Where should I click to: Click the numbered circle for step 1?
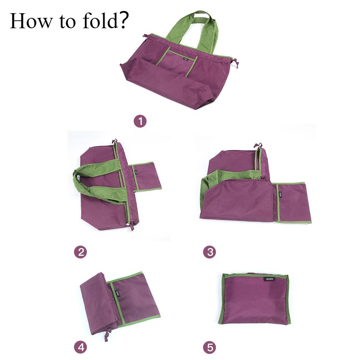[140, 122]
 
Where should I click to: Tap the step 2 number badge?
[80, 252]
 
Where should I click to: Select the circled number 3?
[210, 252]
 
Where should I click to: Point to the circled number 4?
[80, 347]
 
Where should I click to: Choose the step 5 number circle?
[210, 347]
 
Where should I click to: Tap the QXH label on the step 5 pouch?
[269, 279]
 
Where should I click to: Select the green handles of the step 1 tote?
[193, 29]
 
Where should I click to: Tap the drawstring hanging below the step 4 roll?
[106, 336]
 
